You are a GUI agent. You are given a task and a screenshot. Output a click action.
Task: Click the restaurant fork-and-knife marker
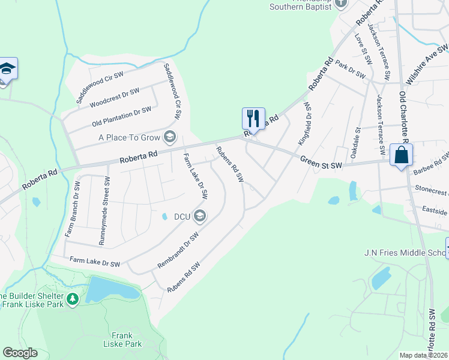coord(253,118)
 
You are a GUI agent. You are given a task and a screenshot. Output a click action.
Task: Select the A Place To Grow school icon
coord(170,137)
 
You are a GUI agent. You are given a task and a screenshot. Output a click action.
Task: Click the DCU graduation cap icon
coord(200,216)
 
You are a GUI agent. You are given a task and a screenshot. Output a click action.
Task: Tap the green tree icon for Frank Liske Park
coord(73,298)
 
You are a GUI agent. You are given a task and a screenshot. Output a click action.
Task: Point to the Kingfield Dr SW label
coord(304,124)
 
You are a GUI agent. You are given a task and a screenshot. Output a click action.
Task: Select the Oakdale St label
coord(357,142)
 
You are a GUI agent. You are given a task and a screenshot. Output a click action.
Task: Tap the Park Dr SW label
coord(351,70)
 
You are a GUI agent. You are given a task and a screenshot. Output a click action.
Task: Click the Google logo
coord(20,353)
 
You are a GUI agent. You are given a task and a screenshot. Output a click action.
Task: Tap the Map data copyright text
coord(424,355)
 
